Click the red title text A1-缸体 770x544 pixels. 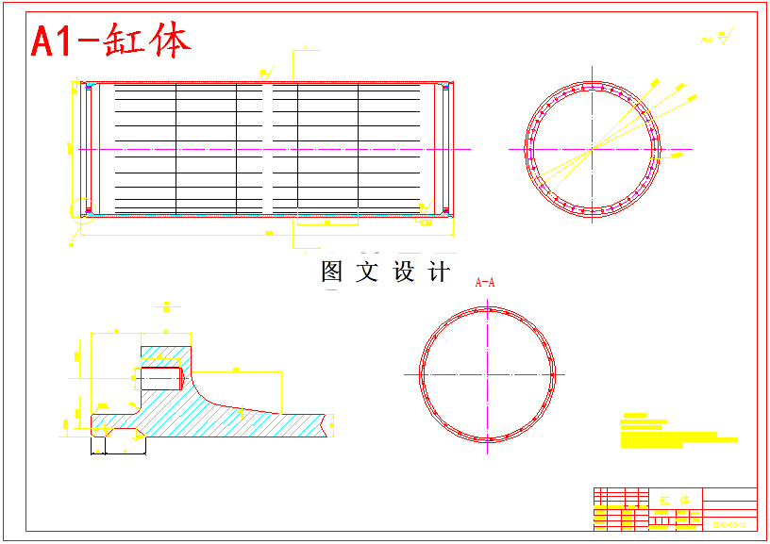(x=110, y=41)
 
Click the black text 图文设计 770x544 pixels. (x=384, y=272)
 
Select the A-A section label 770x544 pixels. (x=485, y=282)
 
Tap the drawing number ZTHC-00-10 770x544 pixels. (x=728, y=524)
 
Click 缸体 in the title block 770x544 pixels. (x=676, y=500)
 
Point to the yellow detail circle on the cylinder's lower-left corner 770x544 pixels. (x=79, y=212)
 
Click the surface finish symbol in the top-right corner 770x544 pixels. (x=718, y=39)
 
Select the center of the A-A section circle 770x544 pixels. (x=487, y=373)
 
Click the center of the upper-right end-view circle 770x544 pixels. (x=592, y=149)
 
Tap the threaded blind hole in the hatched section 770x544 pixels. (x=161, y=377)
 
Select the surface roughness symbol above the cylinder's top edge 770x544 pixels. (x=267, y=72)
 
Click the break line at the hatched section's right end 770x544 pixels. (x=331, y=426)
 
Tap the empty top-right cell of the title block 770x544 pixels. (x=729, y=496)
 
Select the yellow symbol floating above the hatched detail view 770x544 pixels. (x=166, y=306)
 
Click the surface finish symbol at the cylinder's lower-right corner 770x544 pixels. (x=427, y=206)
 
